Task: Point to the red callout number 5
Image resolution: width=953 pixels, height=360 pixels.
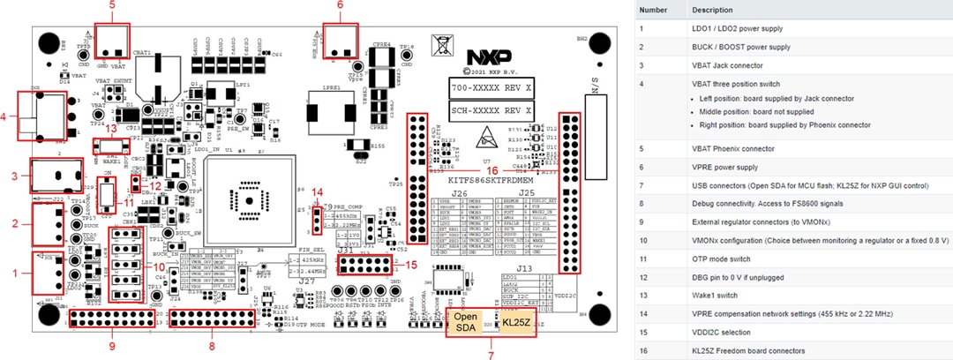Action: [x=112, y=6]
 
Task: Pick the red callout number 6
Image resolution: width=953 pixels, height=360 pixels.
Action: [x=341, y=6]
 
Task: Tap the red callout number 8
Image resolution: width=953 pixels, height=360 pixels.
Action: [x=210, y=347]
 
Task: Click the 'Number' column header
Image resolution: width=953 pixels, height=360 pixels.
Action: [x=653, y=10]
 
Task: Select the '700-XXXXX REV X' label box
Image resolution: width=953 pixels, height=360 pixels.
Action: [x=491, y=90]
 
